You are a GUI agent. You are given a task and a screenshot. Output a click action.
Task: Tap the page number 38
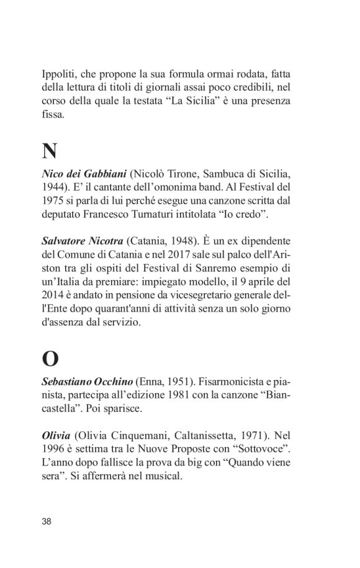(47, 521)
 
